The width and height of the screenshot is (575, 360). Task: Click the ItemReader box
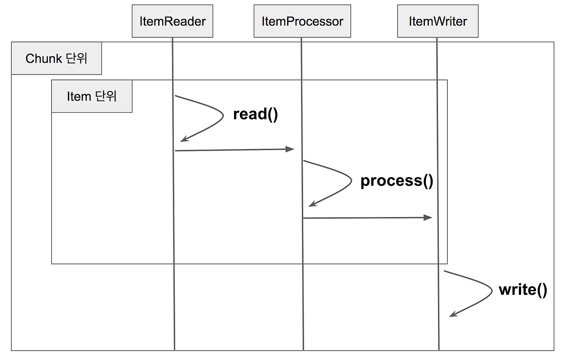point(172,21)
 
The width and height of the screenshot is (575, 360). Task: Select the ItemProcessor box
point(302,21)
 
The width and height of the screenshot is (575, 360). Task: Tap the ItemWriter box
point(438,21)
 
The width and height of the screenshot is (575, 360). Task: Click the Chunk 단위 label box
point(57,58)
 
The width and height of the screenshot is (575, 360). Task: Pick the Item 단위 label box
point(92,96)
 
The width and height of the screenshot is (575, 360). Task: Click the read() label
point(256,114)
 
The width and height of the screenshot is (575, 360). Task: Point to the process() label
point(397,181)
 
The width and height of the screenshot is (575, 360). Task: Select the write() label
point(523,289)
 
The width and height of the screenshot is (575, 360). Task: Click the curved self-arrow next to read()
point(222,116)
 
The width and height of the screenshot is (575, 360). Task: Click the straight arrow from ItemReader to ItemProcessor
point(234,150)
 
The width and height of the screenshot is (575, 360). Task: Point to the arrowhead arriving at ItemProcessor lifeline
point(290,149)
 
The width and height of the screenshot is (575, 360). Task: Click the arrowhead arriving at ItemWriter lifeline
point(428,218)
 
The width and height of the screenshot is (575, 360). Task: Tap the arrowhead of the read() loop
point(184,139)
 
